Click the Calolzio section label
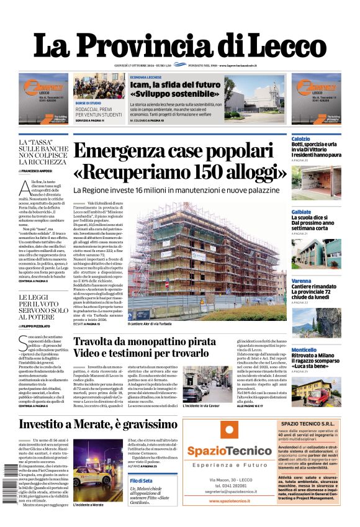click(x=300, y=138)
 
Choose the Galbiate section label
click(x=301, y=212)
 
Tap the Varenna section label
click(x=301, y=281)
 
